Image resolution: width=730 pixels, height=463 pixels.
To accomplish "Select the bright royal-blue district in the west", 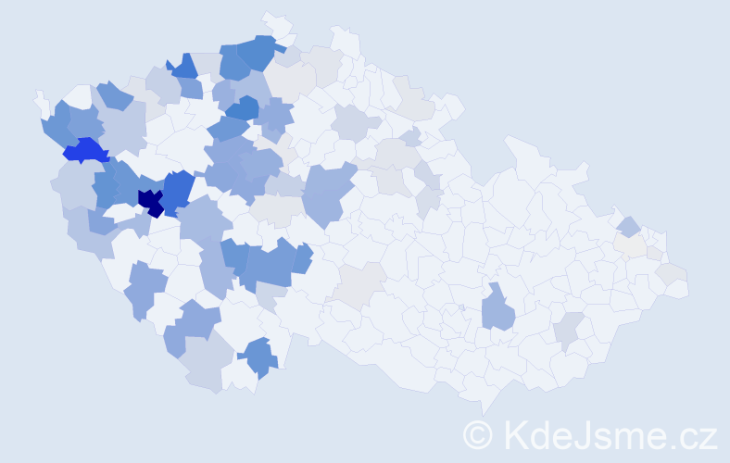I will coord(86,150).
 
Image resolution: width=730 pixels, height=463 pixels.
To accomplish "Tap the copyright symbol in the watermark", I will coord(479,434).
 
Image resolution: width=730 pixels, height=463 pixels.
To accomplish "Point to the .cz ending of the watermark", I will coord(694,434).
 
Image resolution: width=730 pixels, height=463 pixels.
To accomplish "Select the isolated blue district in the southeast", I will coord(497,309).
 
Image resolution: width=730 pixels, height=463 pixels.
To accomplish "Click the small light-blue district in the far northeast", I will coord(628,226).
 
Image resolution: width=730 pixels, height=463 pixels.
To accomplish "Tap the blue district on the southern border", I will coord(258,357).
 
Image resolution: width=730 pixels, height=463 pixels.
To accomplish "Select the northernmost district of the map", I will coord(273,20).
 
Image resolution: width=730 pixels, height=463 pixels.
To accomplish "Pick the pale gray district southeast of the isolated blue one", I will coord(568,330).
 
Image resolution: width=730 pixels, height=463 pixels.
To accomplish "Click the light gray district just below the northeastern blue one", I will coord(632,244).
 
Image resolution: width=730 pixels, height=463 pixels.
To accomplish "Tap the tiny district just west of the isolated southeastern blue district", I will coord(460,307).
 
